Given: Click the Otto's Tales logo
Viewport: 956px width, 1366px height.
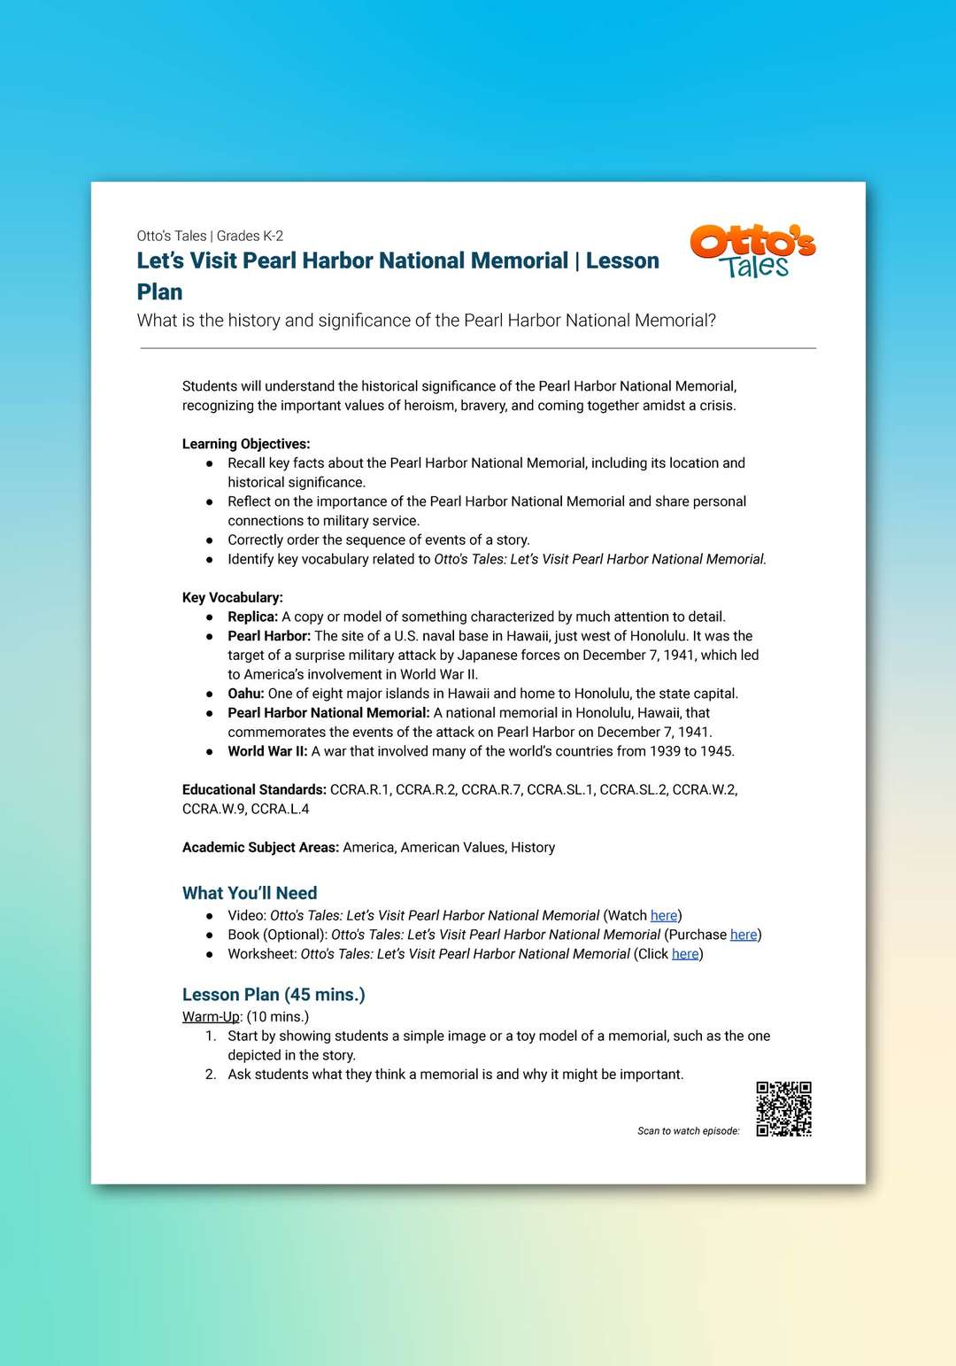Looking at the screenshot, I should tap(752, 252).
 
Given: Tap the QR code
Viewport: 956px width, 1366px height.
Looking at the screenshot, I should tap(783, 1108).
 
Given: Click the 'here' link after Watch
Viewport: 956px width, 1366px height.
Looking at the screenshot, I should tap(664, 915).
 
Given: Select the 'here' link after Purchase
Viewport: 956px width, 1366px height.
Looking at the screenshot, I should tap(744, 935).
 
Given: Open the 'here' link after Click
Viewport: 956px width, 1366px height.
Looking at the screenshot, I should tap(685, 954).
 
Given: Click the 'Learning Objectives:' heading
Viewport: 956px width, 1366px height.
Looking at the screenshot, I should tap(246, 444).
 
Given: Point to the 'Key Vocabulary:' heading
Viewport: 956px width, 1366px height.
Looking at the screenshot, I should tap(233, 597).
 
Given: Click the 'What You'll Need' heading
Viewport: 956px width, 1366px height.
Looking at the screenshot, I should tap(250, 893).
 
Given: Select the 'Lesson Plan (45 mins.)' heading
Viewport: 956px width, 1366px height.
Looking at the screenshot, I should tap(274, 994).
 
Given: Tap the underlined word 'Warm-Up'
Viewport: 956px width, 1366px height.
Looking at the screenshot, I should tap(211, 1016).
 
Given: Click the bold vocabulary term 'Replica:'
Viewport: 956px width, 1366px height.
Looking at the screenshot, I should tap(253, 617).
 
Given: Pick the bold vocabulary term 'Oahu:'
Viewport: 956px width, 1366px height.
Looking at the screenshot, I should tap(246, 694).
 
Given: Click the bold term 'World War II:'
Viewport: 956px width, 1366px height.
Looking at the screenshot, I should tap(267, 751).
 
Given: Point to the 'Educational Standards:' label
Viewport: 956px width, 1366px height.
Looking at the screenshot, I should tap(254, 789).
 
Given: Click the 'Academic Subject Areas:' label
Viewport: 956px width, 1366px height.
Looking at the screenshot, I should tap(260, 847).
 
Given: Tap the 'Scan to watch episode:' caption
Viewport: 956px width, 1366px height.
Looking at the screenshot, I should tap(688, 1131).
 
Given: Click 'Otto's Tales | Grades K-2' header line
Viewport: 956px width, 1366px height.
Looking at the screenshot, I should tap(210, 236).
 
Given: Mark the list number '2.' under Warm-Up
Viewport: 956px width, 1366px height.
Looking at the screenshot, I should tap(211, 1075).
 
